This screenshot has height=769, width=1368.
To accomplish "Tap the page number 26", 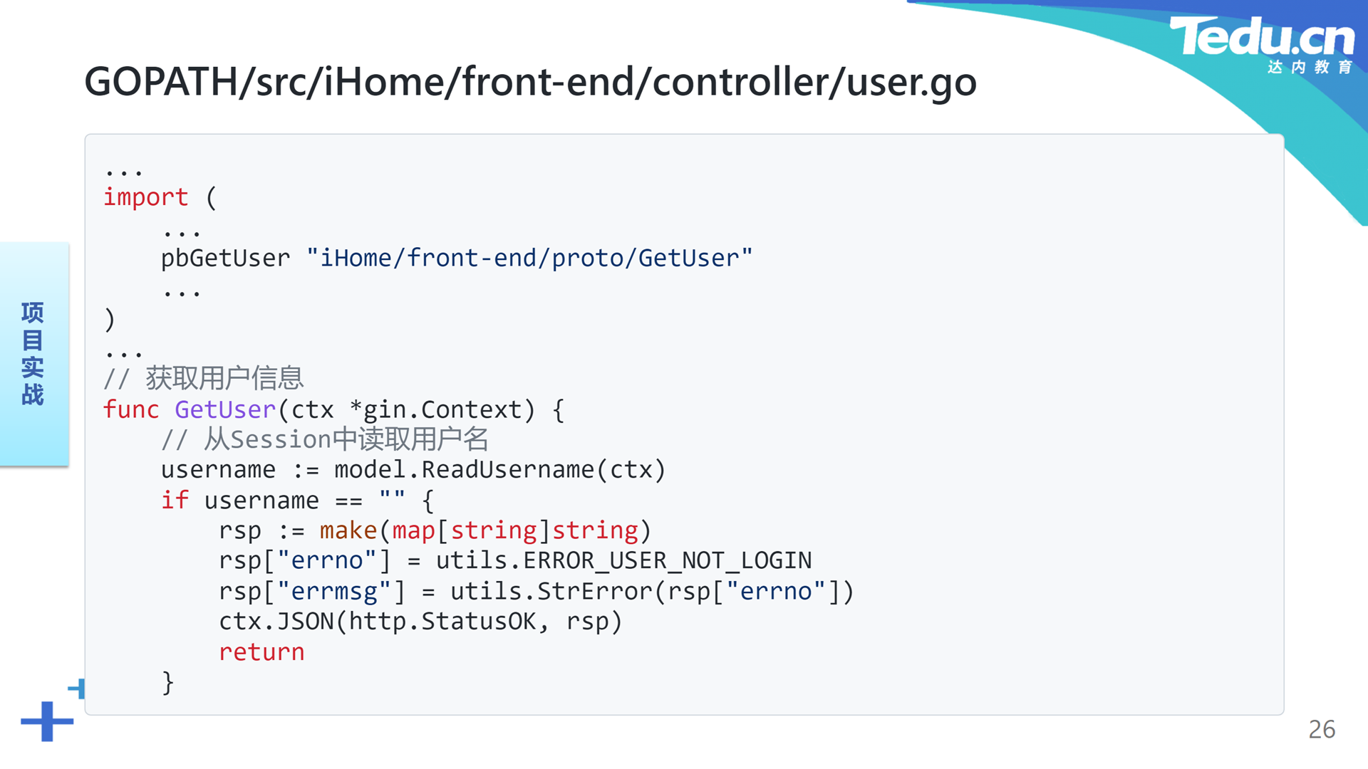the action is pos(1322,729).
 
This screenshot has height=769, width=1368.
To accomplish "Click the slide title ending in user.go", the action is pos(530,81).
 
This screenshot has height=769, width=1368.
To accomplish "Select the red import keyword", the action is pos(146,197).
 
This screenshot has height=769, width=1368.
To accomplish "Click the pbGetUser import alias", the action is pos(225,258).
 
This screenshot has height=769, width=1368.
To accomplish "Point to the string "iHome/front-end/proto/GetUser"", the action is pos(529,258).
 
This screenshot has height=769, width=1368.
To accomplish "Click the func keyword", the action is pos(131,409).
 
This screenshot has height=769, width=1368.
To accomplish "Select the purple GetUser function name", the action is pos(225,409).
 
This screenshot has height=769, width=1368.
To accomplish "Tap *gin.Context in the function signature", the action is pos(435,409).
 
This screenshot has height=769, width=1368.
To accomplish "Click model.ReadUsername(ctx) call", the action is pos(500,470).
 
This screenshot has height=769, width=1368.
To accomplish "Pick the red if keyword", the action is pos(175,500).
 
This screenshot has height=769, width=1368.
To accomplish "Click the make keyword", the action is pos(348,530).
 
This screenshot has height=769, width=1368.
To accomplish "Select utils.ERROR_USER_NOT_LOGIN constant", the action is pos(624,560).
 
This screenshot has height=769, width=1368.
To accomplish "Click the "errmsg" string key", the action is pos(333,591).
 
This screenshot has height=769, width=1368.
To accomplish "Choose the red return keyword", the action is pos(261,652).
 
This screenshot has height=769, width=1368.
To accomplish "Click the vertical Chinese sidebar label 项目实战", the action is pos(33,353).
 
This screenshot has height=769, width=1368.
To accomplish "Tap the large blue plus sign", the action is pos(47,721).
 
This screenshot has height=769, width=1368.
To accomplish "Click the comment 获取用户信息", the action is pos(225,378).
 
